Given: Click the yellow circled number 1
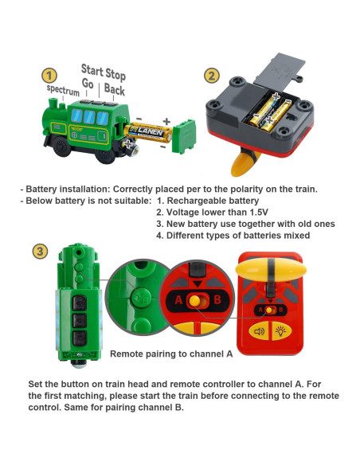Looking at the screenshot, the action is [49, 76].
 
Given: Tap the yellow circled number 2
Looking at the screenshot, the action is [212, 76].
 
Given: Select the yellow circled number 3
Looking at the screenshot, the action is [40, 252].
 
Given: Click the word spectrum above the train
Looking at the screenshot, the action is [63, 90].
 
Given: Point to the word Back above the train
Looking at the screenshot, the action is [115, 89].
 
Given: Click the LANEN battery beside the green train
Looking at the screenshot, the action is [148, 132].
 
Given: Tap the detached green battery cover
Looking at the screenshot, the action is [184, 136].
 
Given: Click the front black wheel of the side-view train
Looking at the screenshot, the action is [61, 147].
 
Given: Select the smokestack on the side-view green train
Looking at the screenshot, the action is [53, 104].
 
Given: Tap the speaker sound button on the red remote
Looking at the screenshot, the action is [259, 331].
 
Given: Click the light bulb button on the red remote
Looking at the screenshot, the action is [280, 331].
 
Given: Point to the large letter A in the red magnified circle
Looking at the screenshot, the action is [178, 300].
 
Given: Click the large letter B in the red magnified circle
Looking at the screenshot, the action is [217, 299].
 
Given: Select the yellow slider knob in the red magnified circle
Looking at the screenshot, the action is [195, 301].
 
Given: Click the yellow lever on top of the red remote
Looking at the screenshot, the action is [271, 270].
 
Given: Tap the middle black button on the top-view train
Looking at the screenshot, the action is [80, 321].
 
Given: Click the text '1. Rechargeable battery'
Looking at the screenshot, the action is [208, 201].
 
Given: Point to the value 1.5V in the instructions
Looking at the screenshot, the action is [259, 213].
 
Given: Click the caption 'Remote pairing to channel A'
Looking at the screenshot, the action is [171, 354].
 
